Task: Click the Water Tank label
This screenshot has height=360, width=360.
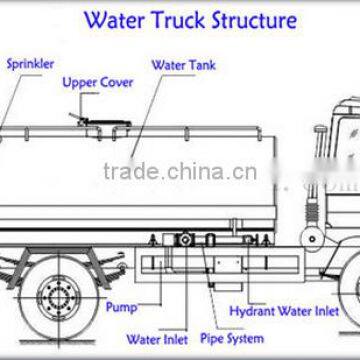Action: pyautogui.click(x=181, y=66)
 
